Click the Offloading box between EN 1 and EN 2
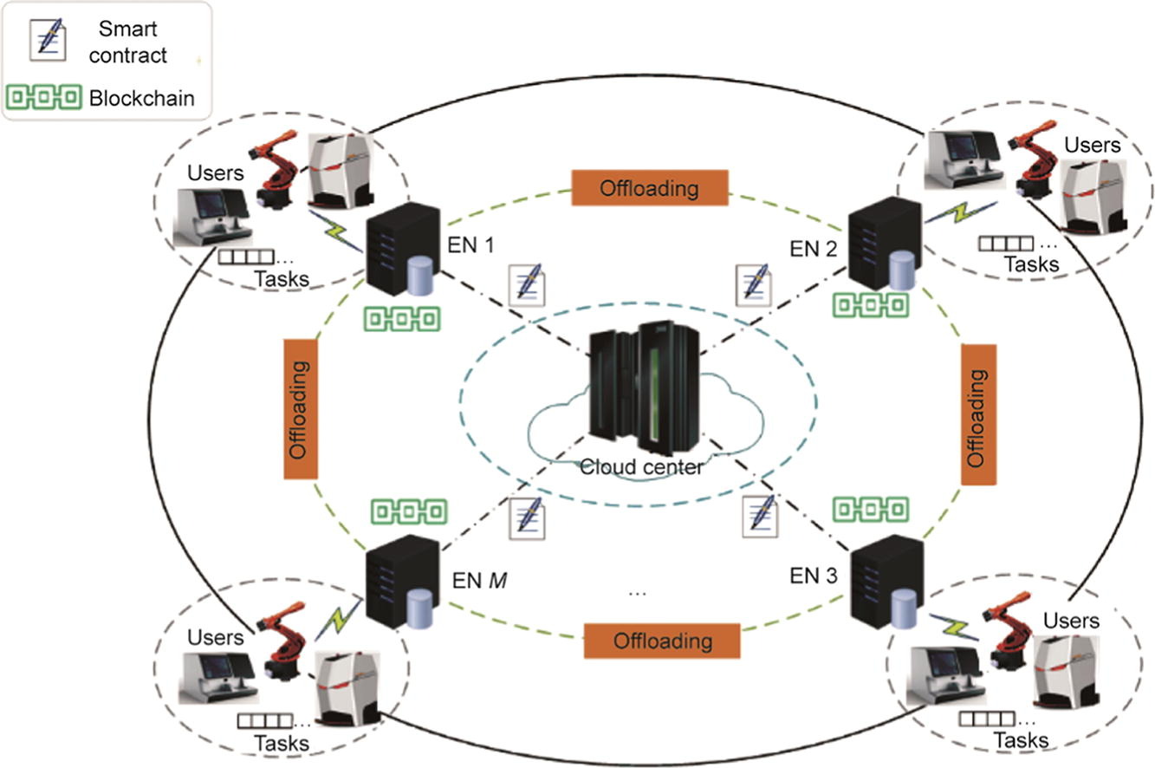tap(650, 187)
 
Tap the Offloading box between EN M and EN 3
tap(663, 641)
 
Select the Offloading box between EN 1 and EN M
tap(298, 408)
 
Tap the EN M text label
tap(479, 578)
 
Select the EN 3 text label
tap(813, 575)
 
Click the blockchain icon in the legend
tap(44, 96)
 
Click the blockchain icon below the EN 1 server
tap(401, 320)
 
